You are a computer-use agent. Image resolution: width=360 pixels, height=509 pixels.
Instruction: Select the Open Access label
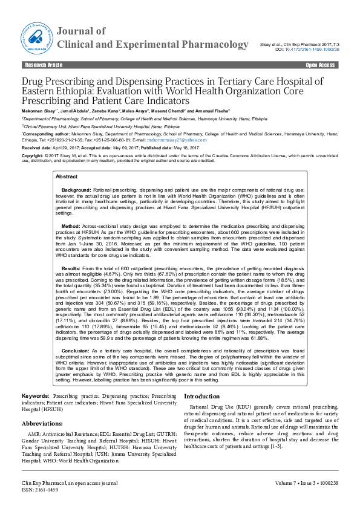[x=320, y=64]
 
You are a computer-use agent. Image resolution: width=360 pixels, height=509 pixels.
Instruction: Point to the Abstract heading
[x=67, y=177]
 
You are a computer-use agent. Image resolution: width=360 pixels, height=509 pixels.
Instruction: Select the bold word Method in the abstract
[x=71, y=225]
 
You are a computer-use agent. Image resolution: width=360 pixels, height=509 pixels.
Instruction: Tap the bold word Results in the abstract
[x=71, y=267]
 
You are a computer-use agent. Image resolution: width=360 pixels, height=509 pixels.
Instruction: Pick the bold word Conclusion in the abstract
[x=76, y=351]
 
